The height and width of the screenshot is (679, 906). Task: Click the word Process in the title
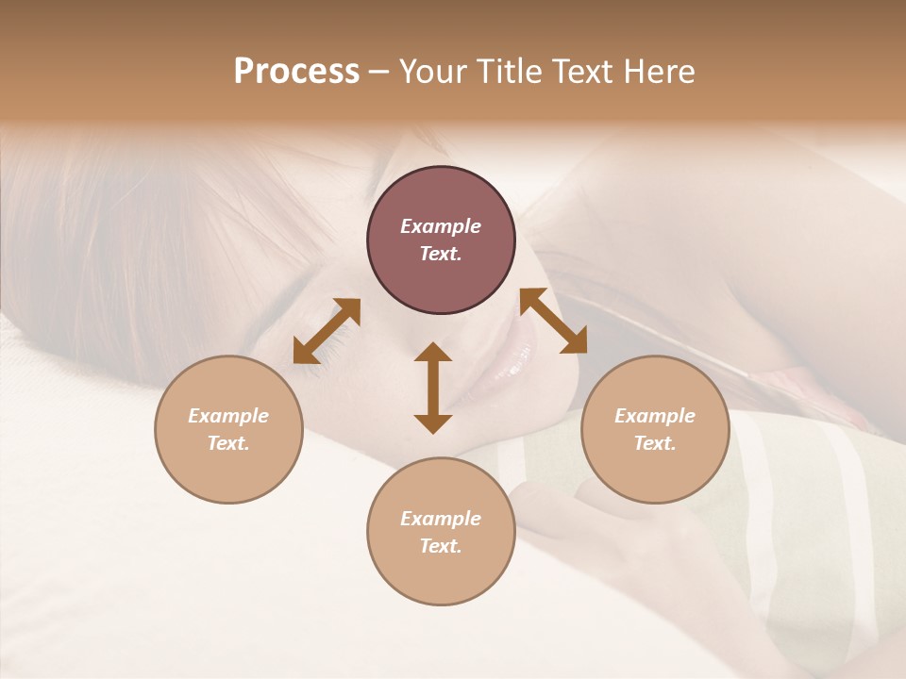coord(296,72)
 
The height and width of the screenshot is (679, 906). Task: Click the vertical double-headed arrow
coord(433,388)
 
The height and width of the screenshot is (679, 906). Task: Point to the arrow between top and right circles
coord(554,321)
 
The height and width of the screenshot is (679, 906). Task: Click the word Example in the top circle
coord(441,226)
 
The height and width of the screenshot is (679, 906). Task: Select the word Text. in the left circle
coord(228,443)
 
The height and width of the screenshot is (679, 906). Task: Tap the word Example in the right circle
coord(655,416)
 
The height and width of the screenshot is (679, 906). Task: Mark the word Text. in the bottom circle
coord(441,546)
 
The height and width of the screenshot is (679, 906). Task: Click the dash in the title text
coord(379,72)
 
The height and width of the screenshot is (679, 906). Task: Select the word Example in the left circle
coord(228,416)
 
